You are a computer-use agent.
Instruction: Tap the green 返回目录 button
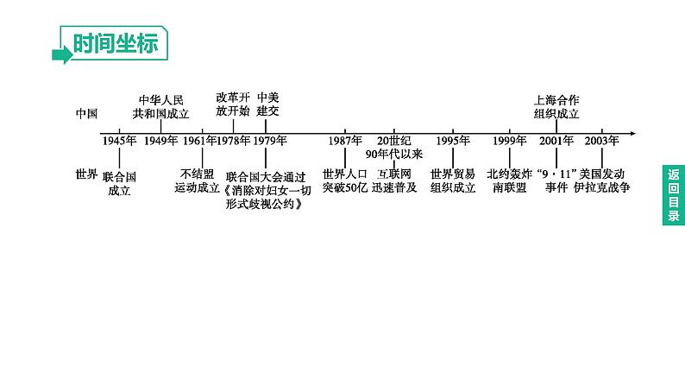coord(673,194)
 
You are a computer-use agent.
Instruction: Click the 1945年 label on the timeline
coord(118,141)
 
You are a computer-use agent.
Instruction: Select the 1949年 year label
coord(160,141)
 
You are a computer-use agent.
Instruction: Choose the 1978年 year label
coord(233,141)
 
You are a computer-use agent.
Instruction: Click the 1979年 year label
coord(269,141)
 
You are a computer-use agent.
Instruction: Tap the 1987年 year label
coord(345,141)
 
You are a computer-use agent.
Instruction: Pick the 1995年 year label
coord(452,141)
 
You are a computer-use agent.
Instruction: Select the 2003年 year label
coord(600,141)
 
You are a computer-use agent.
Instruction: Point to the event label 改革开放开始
coord(232,104)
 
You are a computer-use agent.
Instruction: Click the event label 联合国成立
coord(119,183)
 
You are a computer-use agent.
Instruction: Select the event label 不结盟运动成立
coord(197,179)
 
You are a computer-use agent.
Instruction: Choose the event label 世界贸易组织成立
coord(453,179)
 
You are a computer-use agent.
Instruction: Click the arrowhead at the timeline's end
coord(632,134)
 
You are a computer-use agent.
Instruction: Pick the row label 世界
coord(86,174)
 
